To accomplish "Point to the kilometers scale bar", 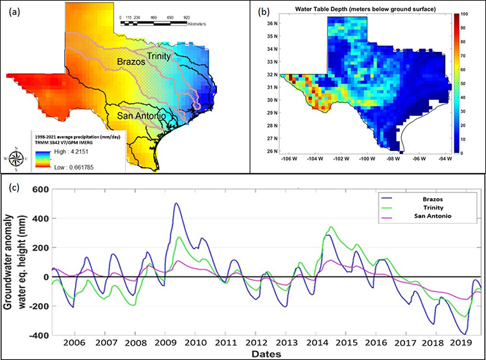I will tap(164, 23).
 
